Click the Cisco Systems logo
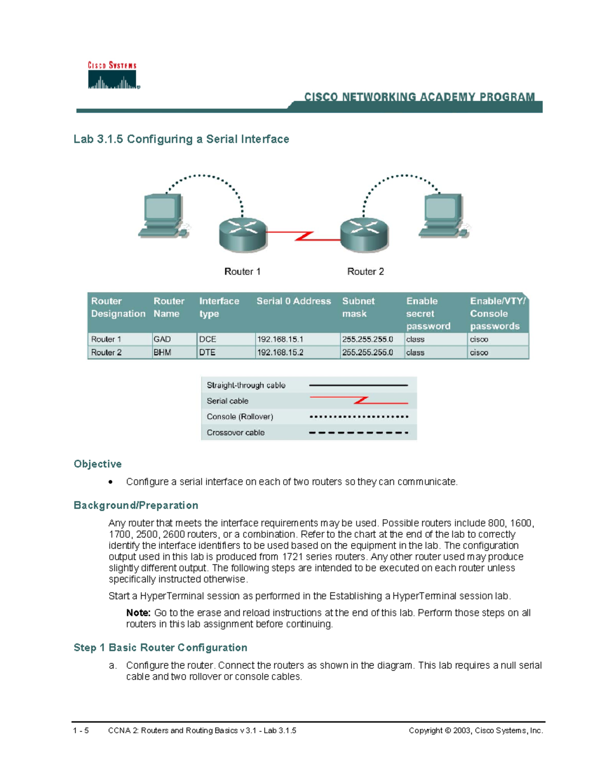point(113,75)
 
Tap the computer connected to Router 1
point(162,216)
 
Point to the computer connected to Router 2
point(443,216)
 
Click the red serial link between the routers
point(303,235)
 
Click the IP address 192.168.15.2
point(281,352)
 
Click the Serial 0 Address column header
point(294,301)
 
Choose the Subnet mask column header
point(358,307)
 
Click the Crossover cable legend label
point(235,433)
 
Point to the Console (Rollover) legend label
point(240,417)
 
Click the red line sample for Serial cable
point(358,401)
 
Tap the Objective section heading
point(98,464)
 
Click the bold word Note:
point(138,613)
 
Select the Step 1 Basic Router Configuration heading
point(160,648)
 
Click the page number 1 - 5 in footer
point(81,731)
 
